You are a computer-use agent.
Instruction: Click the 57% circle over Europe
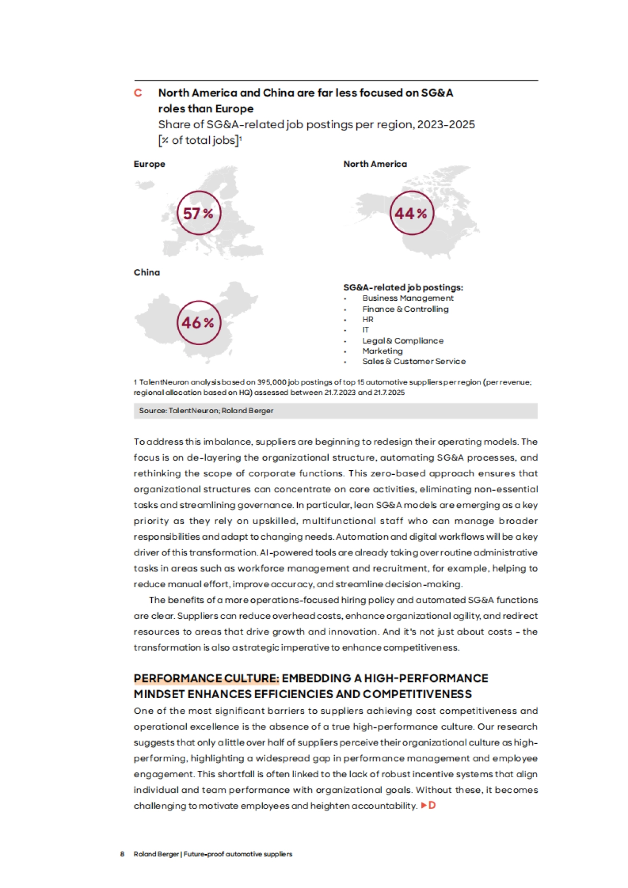pyautogui.click(x=199, y=213)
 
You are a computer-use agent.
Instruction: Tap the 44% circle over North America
pyautogui.click(x=412, y=213)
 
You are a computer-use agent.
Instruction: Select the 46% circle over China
pyautogui.click(x=199, y=323)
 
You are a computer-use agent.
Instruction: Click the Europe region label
pyautogui.click(x=149, y=164)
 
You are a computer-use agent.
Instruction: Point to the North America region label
pyautogui.click(x=375, y=164)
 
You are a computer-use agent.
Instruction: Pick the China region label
pyautogui.click(x=147, y=272)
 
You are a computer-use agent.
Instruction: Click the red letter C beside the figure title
pyautogui.click(x=138, y=93)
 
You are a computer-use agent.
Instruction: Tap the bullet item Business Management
pyautogui.click(x=408, y=298)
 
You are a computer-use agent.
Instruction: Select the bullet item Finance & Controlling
pyautogui.click(x=405, y=309)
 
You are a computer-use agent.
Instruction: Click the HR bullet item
pyautogui.click(x=368, y=320)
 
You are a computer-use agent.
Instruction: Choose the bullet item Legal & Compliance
pyautogui.click(x=402, y=341)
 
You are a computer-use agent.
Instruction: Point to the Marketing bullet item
pyautogui.click(x=383, y=351)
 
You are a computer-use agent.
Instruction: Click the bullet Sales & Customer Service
pyautogui.click(x=413, y=361)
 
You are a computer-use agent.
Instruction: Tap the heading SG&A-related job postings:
pyautogui.click(x=403, y=288)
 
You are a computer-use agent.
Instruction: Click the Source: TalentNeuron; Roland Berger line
pyautogui.click(x=206, y=411)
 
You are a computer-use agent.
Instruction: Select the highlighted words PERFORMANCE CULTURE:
pyautogui.click(x=206, y=678)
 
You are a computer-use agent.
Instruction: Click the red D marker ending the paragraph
pyautogui.click(x=432, y=805)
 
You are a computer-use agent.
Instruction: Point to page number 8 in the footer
pyautogui.click(x=122, y=854)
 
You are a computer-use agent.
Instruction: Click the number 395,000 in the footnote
pyautogui.click(x=272, y=382)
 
